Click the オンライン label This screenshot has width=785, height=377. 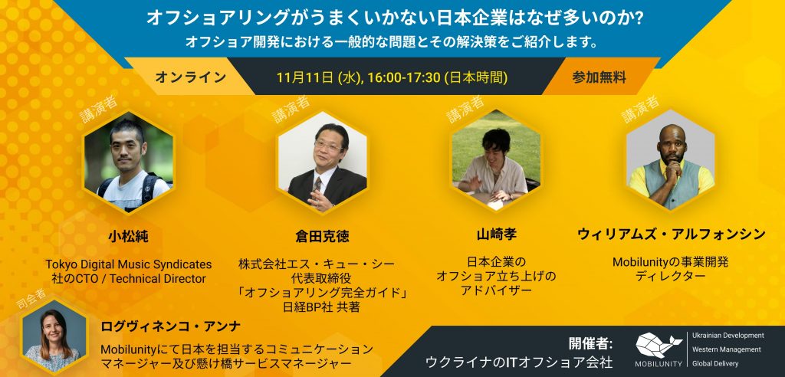tap(190, 77)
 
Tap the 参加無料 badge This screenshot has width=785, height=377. tap(599, 77)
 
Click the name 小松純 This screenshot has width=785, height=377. tap(128, 234)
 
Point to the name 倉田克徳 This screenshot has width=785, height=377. tap(321, 236)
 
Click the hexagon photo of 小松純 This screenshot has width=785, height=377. tap(128, 162)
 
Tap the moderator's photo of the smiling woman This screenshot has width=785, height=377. tap(54, 337)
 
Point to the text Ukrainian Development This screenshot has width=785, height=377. tap(728, 336)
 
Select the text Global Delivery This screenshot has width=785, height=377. tap(718, 363)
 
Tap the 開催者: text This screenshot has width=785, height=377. tap(590, 342)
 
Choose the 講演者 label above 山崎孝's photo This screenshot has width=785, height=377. tap(465, 109)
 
